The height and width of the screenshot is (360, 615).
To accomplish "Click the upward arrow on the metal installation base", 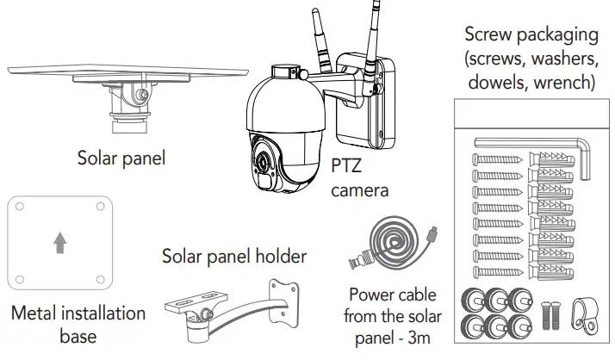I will pyautogui.click(x=59, y=245).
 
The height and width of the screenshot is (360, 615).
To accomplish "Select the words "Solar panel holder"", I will pyautogui.click(x=234, y=256).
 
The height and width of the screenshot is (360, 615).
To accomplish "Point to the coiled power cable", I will pyautogui.click(x=391, y=239).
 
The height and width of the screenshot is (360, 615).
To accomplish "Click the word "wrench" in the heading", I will pyautogui.click(x=562, y=83).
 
